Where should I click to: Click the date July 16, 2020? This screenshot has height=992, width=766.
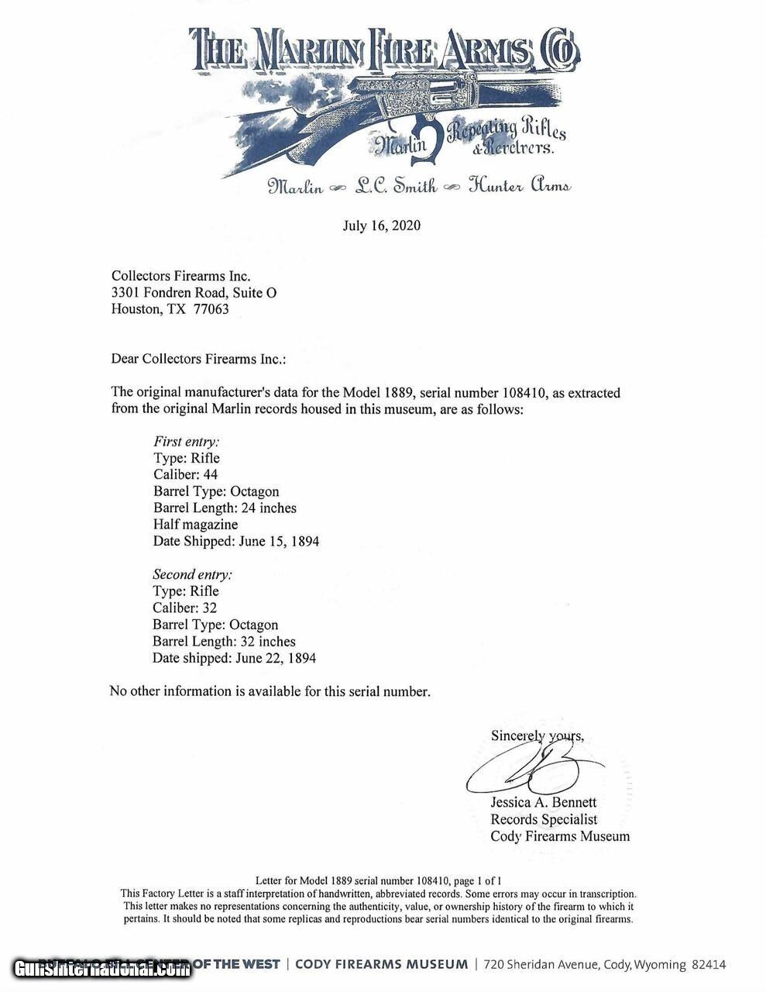coord(382,226)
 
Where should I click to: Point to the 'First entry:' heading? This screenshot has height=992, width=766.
coord(186,442)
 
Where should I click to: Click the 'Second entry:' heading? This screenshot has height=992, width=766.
coord(192,574)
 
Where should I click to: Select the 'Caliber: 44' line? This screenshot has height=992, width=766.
coord(185,475)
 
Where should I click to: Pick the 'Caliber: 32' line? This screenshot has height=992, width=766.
coord(184,608)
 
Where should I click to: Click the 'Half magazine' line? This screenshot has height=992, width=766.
coord(195,525)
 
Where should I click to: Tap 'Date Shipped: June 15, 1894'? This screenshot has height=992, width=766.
coord(235,542)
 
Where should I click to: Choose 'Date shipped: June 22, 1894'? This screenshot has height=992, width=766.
coord(234,658)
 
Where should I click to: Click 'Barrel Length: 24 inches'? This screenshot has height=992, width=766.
coord(225,508)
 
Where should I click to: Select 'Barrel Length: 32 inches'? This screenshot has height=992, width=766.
coord(224,642)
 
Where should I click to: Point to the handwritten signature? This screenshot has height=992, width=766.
coord(534,767)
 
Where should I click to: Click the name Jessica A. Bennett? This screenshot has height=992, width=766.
coord(543,803)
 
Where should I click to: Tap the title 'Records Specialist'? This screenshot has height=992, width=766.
coord(544,819)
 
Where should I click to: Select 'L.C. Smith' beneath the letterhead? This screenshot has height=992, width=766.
coord(395,186)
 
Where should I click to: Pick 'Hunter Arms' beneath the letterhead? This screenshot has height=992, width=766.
coord(520,186)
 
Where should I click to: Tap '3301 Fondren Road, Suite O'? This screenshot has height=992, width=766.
coord(194,293)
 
